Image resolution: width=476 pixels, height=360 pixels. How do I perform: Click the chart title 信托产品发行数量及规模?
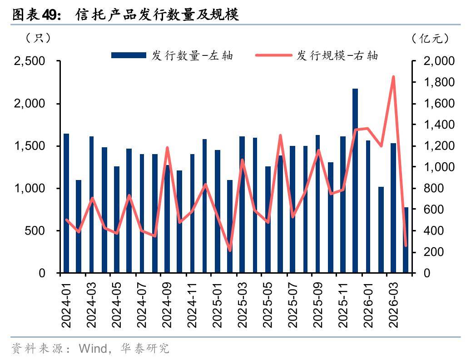157,15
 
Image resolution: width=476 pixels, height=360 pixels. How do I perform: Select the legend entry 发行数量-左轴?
172,55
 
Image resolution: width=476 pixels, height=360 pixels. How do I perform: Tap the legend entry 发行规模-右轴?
317,55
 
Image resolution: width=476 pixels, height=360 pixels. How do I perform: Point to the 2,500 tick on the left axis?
30,61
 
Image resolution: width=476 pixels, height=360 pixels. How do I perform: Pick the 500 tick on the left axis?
35,230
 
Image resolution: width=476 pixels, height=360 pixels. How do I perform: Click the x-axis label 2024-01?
66,305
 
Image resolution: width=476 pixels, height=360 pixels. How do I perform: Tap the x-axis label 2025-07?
293,305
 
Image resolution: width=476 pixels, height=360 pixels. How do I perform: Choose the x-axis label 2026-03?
393,305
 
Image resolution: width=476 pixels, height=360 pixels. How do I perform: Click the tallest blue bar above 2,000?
355,180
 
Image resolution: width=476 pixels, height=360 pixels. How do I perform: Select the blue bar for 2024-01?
66,203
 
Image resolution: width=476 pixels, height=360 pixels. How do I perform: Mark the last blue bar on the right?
406,240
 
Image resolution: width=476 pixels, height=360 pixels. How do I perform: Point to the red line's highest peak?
393,77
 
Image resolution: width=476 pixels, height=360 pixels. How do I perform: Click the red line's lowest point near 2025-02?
230,250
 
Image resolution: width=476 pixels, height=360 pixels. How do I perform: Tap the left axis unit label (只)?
38,38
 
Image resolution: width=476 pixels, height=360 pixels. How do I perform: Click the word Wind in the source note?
93,349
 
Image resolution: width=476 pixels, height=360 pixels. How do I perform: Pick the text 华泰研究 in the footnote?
144,349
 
